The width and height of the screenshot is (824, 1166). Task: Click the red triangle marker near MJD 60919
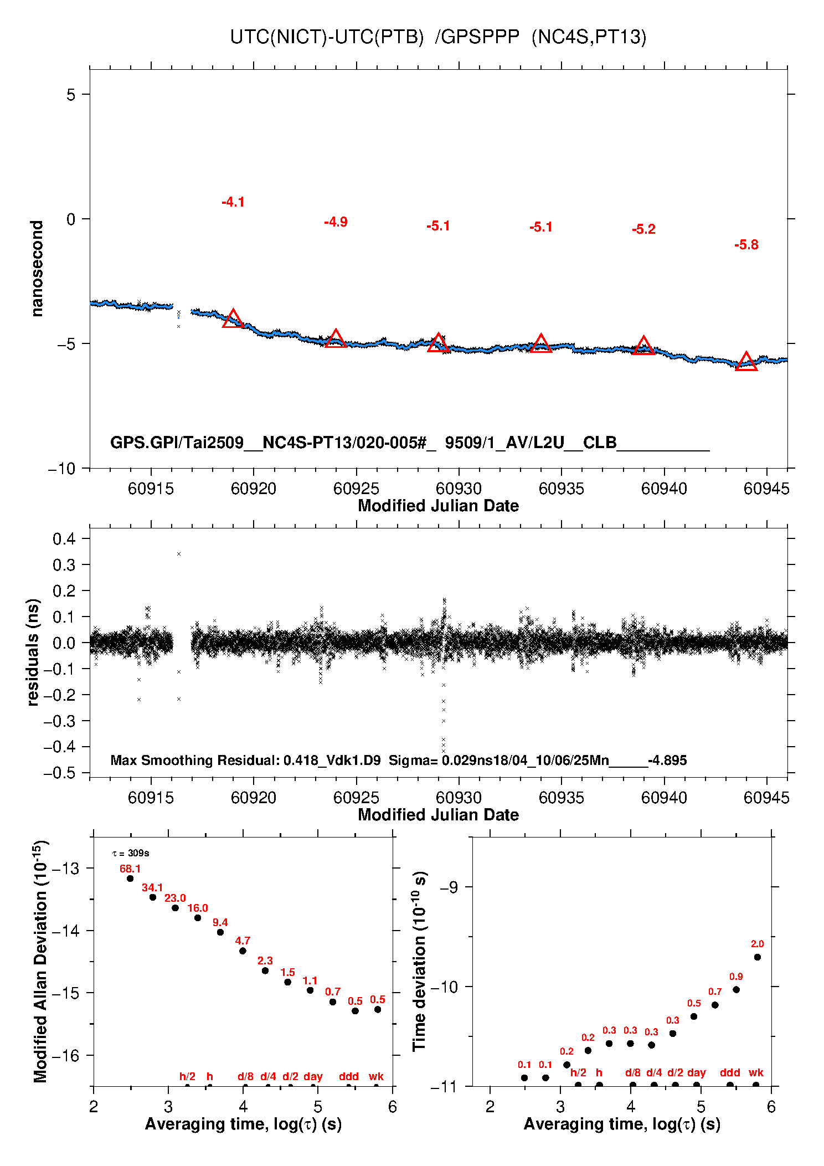[233, 319]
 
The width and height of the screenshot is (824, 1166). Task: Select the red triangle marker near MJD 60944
[746, 362]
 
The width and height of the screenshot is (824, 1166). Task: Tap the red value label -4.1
[233, 202]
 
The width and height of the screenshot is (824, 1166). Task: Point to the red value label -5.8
[746, 245]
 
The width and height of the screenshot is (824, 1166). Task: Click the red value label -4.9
[336, 222]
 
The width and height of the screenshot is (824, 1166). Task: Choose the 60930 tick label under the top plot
[459, 489]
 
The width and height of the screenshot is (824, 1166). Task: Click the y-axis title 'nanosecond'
[37, 268]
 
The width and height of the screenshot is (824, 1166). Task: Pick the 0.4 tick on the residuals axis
[64, 539]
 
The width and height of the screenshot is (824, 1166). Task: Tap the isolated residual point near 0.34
[179, 554]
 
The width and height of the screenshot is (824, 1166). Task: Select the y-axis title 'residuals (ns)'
[33, 652]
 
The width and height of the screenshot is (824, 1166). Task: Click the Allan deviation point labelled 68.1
[130, 879]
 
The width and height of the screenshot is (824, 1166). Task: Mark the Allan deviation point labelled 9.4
[220, 932]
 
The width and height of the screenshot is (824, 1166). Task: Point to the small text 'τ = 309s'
[131, 853]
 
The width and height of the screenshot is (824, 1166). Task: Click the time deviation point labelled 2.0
[757, 957]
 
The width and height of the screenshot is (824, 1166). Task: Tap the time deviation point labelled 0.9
[736, 990]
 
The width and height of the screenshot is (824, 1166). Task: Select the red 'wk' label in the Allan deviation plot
[376, 1076]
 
